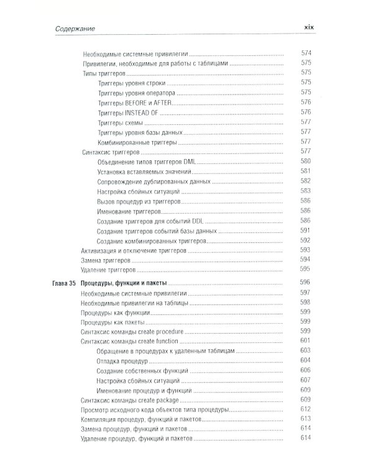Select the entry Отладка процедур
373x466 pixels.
pos(121,360)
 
